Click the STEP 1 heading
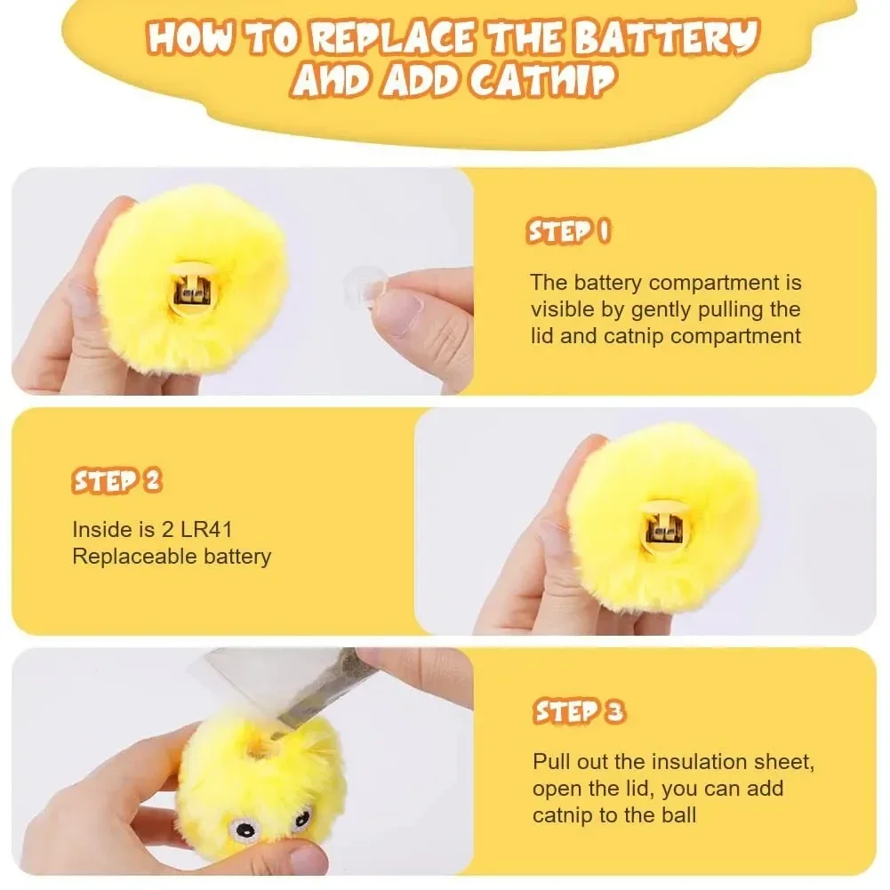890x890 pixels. click(x=569, y=232)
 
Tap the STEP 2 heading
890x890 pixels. click(x=116, y=481)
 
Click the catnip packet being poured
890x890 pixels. click(x=331, y=686)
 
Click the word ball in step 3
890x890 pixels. click(x=678, y=814)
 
